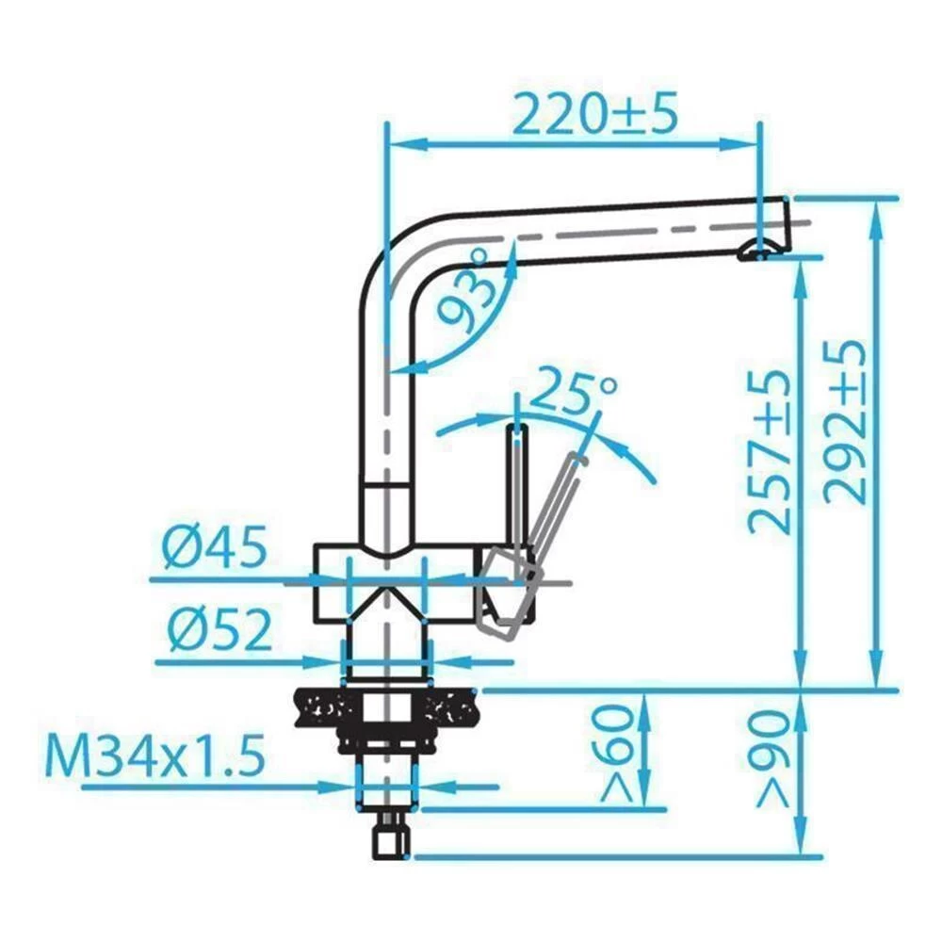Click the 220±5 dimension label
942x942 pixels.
point(594,113)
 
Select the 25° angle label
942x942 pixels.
point(575,391)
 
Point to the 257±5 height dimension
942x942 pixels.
point(768,452)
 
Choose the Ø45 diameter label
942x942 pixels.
point(215,546)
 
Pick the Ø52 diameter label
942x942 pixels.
point(219,629)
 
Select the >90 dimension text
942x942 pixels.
point(773,759)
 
